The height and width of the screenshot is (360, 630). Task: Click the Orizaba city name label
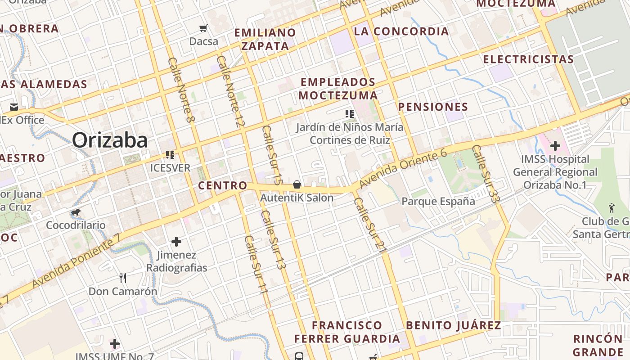(110, 140)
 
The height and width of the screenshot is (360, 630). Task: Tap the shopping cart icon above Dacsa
(203, 28)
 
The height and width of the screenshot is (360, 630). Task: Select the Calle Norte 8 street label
(182, 90)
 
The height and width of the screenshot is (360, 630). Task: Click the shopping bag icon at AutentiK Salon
(297, 184)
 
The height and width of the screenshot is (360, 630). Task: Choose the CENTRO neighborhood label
(223, 185)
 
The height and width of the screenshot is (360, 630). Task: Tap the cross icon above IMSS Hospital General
(555, 146)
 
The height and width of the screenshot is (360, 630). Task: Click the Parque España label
(438, 201)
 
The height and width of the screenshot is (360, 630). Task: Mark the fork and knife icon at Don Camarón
(123, 278)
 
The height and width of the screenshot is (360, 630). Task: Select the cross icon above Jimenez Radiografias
(176, 242)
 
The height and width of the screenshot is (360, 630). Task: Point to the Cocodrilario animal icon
(76, 212)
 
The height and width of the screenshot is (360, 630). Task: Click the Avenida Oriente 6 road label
(403, 170)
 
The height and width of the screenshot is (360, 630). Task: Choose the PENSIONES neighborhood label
(433, 107)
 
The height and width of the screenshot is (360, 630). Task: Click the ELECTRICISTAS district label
(528, 59)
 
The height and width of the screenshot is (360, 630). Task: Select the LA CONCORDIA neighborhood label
(401, 31)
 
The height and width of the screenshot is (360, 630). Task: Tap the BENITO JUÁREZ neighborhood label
(454, 325)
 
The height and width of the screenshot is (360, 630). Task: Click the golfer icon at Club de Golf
(611, 208)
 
